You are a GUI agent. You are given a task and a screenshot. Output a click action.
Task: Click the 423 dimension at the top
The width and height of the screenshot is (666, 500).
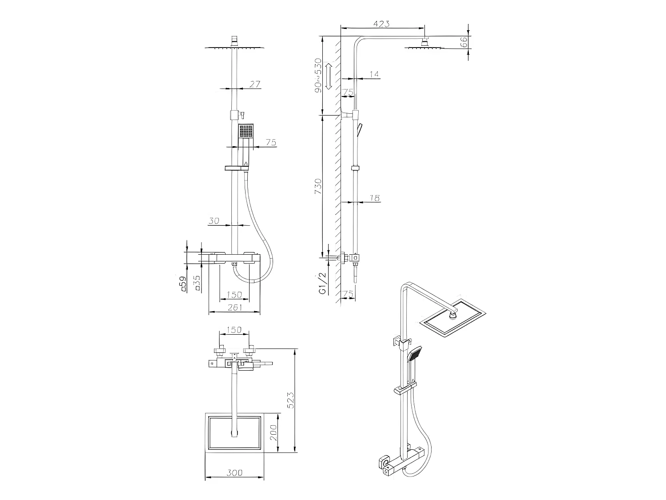381,24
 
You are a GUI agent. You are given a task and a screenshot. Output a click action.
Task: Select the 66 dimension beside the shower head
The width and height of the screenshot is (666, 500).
463,43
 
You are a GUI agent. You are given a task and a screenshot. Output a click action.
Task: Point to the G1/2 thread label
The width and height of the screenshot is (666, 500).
323,283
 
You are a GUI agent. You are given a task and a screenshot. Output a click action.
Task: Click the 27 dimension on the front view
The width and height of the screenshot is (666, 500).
254,84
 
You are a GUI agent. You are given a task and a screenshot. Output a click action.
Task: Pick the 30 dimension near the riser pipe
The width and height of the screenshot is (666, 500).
214,220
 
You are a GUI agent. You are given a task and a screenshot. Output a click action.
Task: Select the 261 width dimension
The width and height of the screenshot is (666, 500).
234,307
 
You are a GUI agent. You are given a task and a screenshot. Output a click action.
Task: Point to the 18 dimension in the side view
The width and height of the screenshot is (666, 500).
375,198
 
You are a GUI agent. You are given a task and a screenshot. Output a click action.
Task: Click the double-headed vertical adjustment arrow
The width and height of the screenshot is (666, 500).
329,76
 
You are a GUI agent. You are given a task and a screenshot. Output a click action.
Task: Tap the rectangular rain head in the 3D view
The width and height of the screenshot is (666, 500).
453,318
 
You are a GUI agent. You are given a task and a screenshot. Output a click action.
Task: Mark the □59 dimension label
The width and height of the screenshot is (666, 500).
182,284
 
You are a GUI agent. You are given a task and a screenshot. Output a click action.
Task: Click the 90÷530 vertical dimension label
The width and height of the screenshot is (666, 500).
318,75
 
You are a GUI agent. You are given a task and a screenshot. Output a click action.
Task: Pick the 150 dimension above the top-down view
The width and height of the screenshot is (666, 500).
234,330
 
